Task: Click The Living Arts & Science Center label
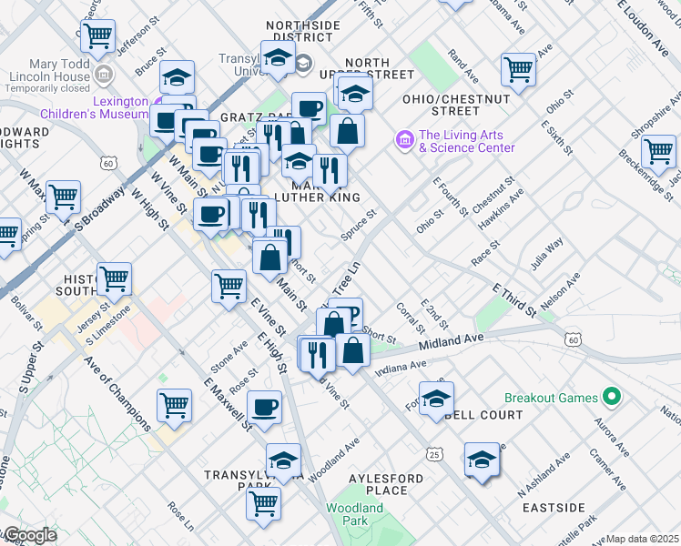pyautogui.click(x=466, y=142)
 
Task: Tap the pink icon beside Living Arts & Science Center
pyautogui.click(x=403, y=140)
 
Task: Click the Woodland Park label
pyautogui.click(x=355, y=515)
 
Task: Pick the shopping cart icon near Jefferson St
pyautogui.click(x=97, y=37)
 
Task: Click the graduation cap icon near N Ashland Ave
pyautogui.click(x=482, y=459)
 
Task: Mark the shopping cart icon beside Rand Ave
pyautogui.click(x=518, y=68)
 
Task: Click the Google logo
pyautogui.click(x=30, y=535)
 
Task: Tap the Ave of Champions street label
pyautogui.click(x=118, y=391)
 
